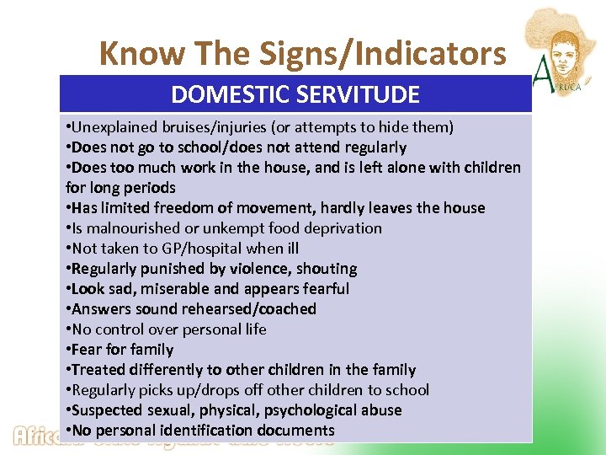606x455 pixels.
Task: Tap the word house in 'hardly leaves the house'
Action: pos(465,208)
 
